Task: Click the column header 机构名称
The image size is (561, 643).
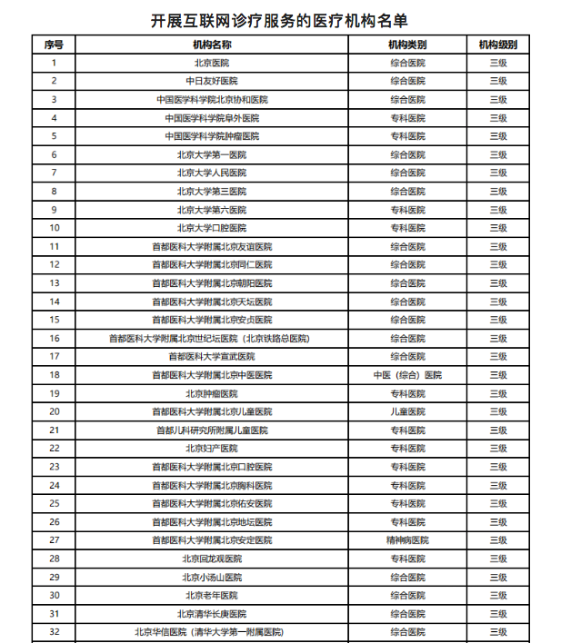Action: [212, 45]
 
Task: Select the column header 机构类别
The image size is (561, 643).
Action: [407, 45]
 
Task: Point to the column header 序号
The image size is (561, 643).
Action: [54, 45]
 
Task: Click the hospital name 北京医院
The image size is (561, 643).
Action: [212, 63]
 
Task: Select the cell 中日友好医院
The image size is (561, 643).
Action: [212, 81]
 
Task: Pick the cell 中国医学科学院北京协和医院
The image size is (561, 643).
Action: [212, 100]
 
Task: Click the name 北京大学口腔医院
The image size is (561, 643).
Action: [212, 228]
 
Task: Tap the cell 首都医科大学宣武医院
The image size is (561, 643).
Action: [212, 357]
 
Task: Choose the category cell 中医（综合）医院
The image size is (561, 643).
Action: [407, 375]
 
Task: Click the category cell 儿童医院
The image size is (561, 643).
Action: [407, 411]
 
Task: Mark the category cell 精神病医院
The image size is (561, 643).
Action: [407, 540]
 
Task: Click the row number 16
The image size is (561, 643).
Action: [54, 338]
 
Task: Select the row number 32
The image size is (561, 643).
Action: [54, 632]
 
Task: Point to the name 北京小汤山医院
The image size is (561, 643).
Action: [212, 577]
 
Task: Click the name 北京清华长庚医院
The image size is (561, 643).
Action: [212, 614]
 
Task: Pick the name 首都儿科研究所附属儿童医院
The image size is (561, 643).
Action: [212, 430]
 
